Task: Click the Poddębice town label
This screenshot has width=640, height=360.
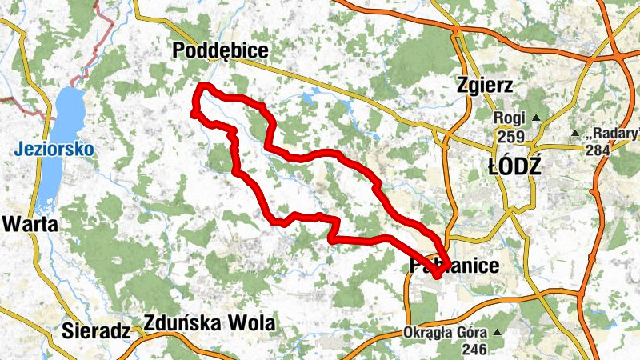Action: (x=220, y=52)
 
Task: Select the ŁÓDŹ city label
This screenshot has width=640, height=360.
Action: (x=514, y=166)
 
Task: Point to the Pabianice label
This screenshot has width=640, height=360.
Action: (x=454, y=266)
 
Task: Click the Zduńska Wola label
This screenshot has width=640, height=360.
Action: (x=209, y=324)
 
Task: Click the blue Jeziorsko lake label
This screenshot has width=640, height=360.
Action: (x=54, y=150)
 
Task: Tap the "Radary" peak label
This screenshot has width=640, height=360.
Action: (x=614, y=133)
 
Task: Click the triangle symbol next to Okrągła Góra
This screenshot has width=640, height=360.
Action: (x=498, y=332)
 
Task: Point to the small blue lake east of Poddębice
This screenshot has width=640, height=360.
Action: (x=309, y=100)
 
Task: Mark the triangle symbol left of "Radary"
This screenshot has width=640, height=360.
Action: (x=574, y=133)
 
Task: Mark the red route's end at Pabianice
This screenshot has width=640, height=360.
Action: (x=438, y=274)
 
